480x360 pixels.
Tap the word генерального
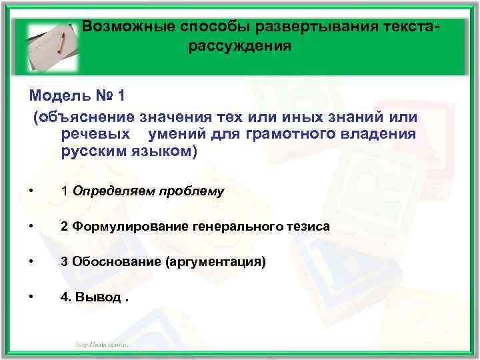pyautogui.click(x=230, y=227)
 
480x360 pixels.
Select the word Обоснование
pyautogui.click(x=111, y=262)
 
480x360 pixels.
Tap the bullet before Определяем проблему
pyautogui.click(x=32, y=191)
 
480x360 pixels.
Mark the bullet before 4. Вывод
pyautogui.click(x=32, y=297)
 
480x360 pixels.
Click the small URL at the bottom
pyautogui.click(x=107, y=344)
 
